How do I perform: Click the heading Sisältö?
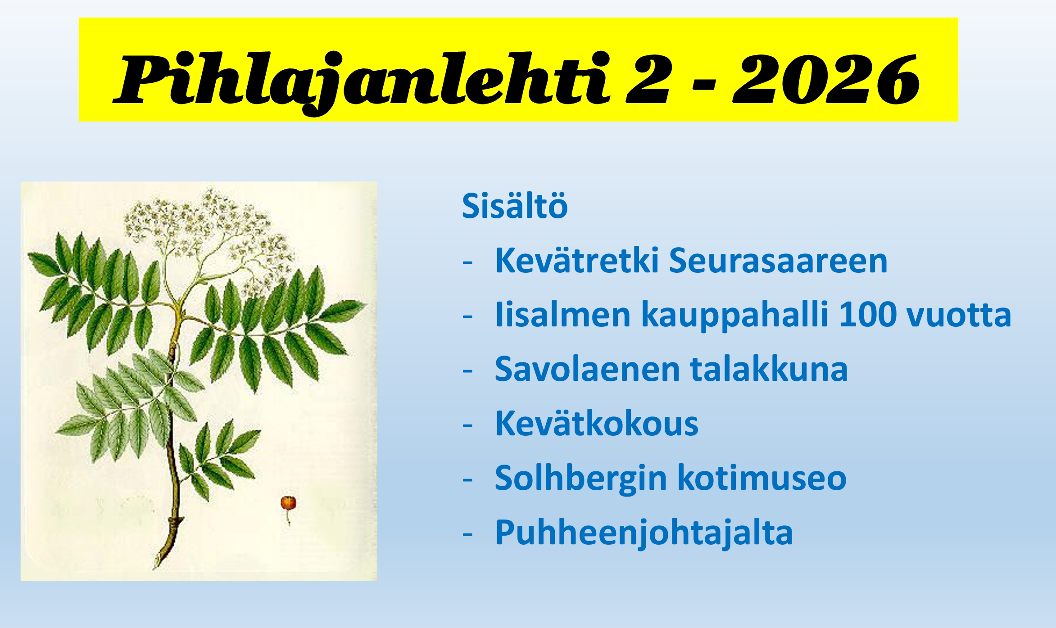click(x=514, y=206)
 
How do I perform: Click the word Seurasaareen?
click(x=778, y=261)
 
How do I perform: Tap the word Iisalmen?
click(x=562, y=315)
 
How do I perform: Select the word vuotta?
click(x=959, y=315)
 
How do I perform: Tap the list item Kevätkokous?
click(x=596, y=424)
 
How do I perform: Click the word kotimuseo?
click(x=761, y=478)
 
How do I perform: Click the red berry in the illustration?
click(x=288, y=502)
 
